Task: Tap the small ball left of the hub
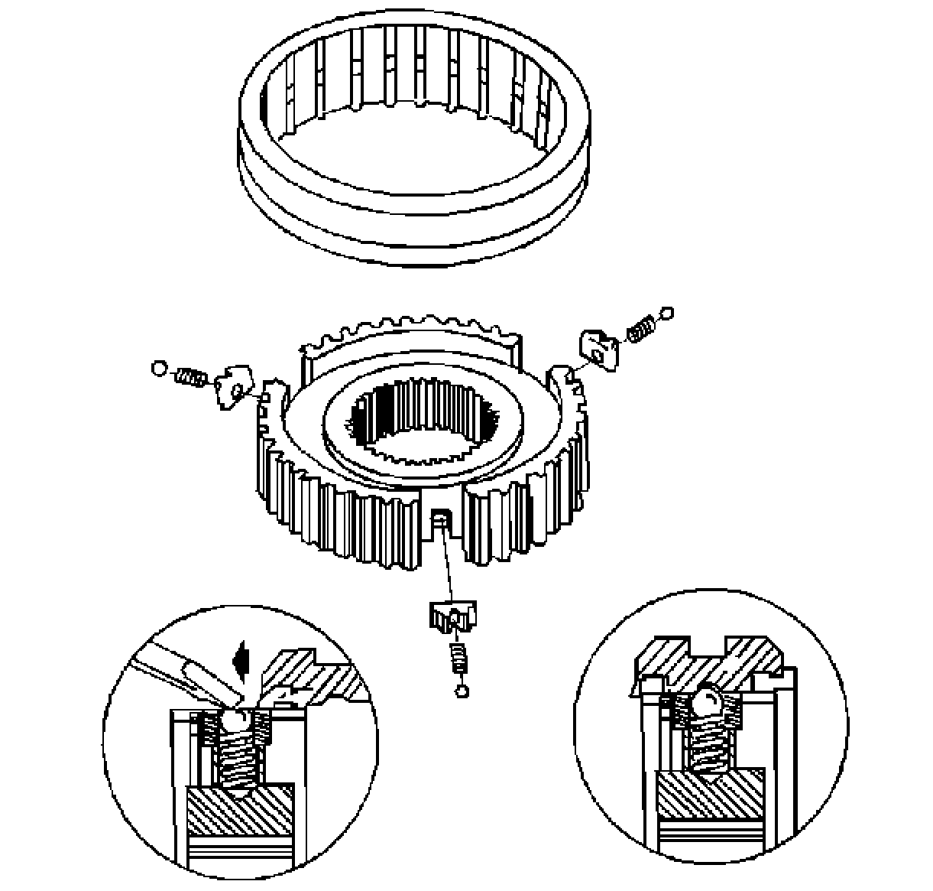click(159, 369)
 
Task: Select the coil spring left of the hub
click(191, 376)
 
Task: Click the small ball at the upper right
click(667, 313)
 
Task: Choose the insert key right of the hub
click(601, 348)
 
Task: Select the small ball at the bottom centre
click(461, 691)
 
